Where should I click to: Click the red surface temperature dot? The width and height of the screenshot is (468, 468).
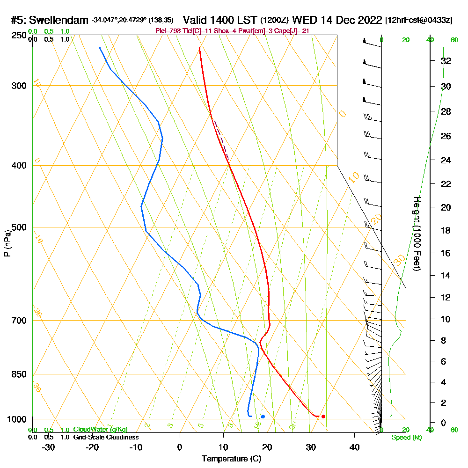click(323, 416)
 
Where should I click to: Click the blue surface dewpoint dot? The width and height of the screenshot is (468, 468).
click(263, 416)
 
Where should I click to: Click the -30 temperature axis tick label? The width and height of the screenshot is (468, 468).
click(48, 447)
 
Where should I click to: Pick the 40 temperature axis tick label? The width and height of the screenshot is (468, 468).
click(354, 447)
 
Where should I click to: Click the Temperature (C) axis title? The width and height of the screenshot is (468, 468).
click(231, 459)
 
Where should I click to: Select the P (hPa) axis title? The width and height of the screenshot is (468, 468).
click(7, 243)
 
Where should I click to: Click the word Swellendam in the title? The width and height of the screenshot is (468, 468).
click(59, 20)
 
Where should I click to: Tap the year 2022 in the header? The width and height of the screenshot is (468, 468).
click(367, 20)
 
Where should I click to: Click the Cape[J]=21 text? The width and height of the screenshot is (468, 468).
click(293, 31)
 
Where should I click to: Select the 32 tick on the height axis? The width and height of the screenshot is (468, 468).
click(446, 61)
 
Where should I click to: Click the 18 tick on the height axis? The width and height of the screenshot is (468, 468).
click(446, 230)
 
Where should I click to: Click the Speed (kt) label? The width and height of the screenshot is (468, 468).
click(406, 438)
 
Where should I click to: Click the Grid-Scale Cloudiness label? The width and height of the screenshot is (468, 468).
click(106, 437)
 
